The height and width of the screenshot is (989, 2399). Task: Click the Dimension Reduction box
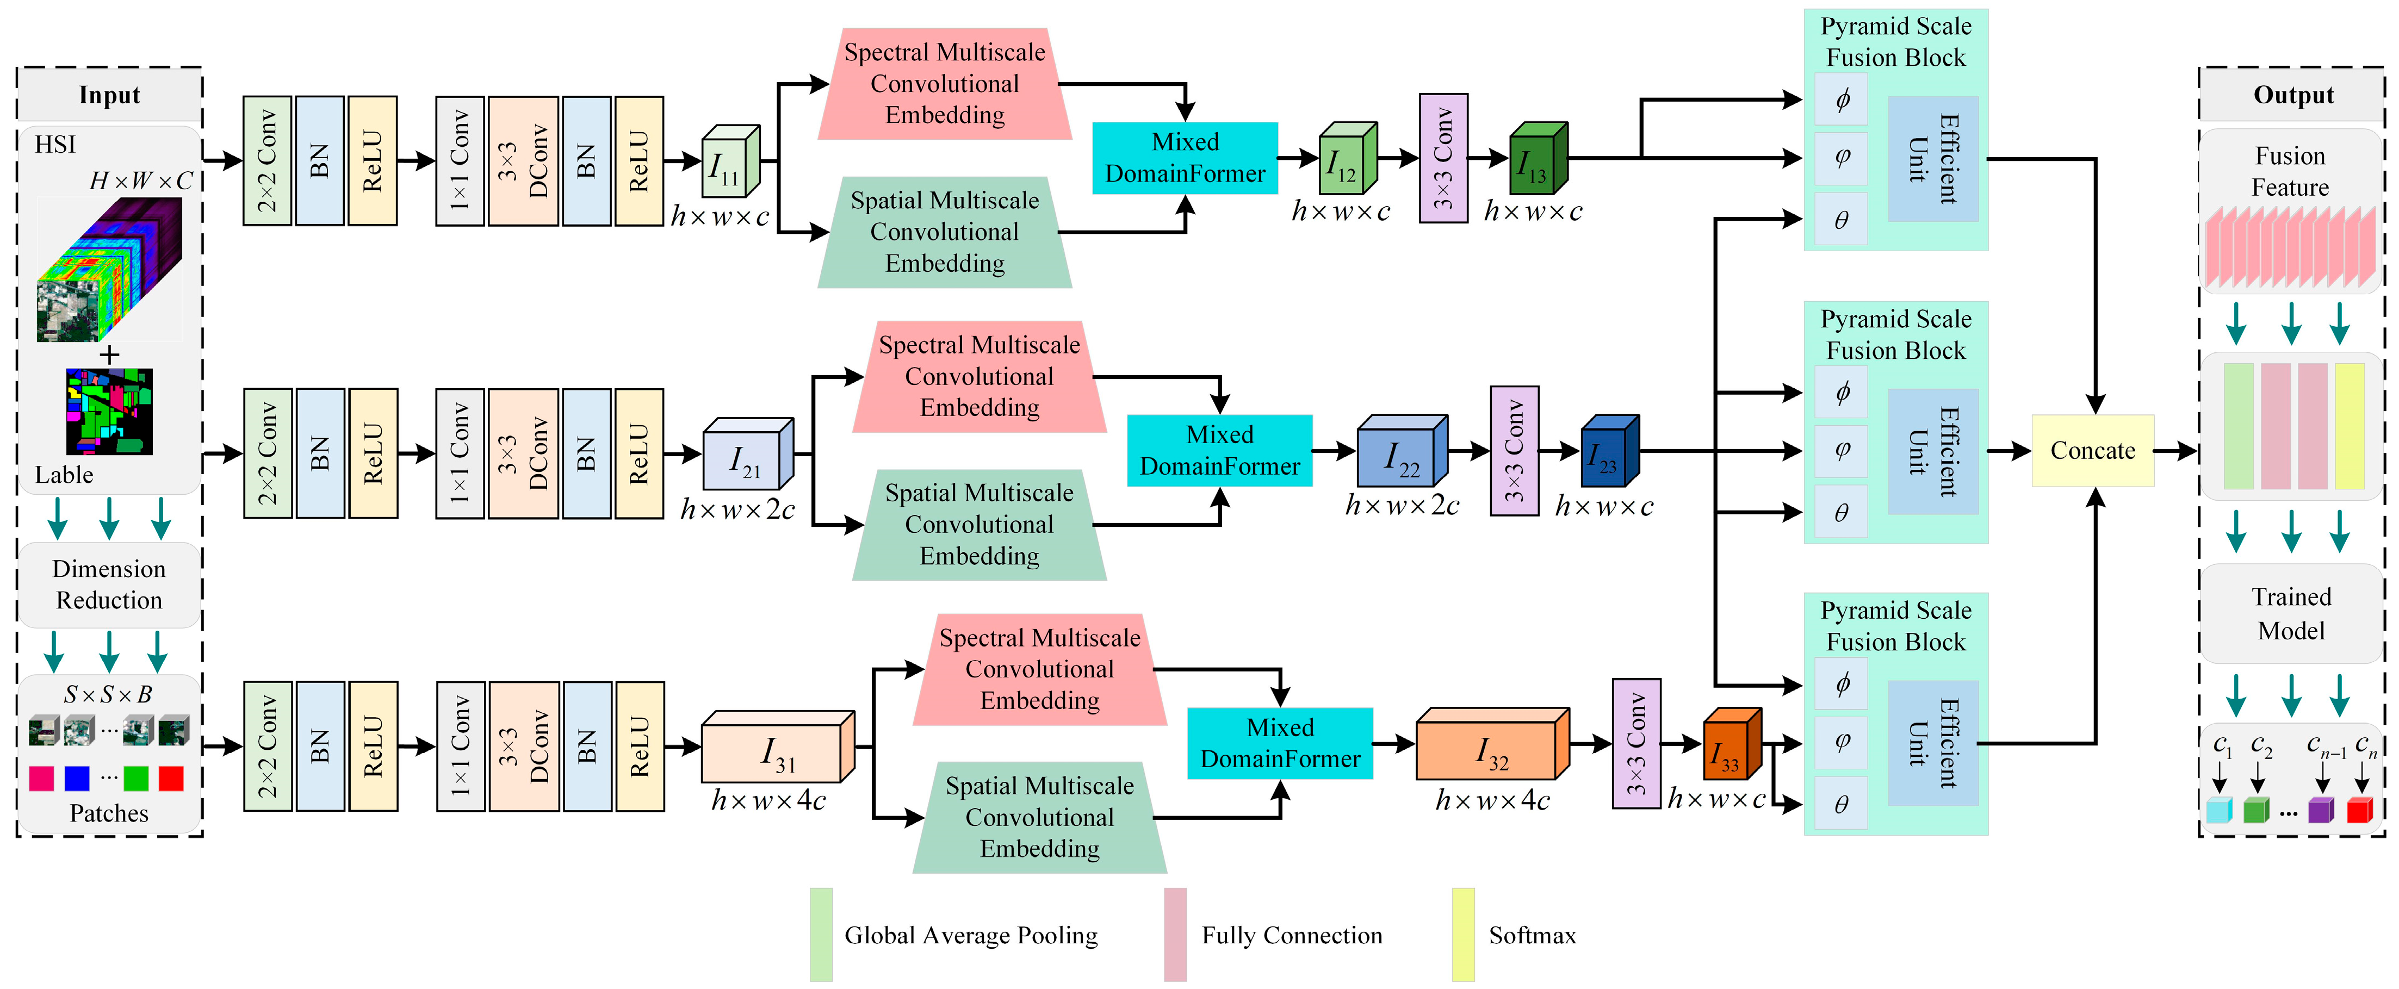[109, 585]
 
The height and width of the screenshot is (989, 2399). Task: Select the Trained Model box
[2290, 614]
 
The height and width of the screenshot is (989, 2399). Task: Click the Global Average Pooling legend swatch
[821, 934]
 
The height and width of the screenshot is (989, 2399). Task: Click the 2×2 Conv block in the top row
[267, 160]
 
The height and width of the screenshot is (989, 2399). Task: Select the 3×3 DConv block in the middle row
[523, 453]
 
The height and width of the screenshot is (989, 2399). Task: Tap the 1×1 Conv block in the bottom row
[460, 746]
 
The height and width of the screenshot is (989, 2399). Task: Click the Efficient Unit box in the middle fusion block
[1932, 452]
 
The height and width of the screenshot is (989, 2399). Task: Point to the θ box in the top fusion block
[1840, 220]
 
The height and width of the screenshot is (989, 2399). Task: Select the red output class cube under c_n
[2359, 809]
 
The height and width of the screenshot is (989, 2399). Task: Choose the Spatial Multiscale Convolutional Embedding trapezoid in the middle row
[979, 524]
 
